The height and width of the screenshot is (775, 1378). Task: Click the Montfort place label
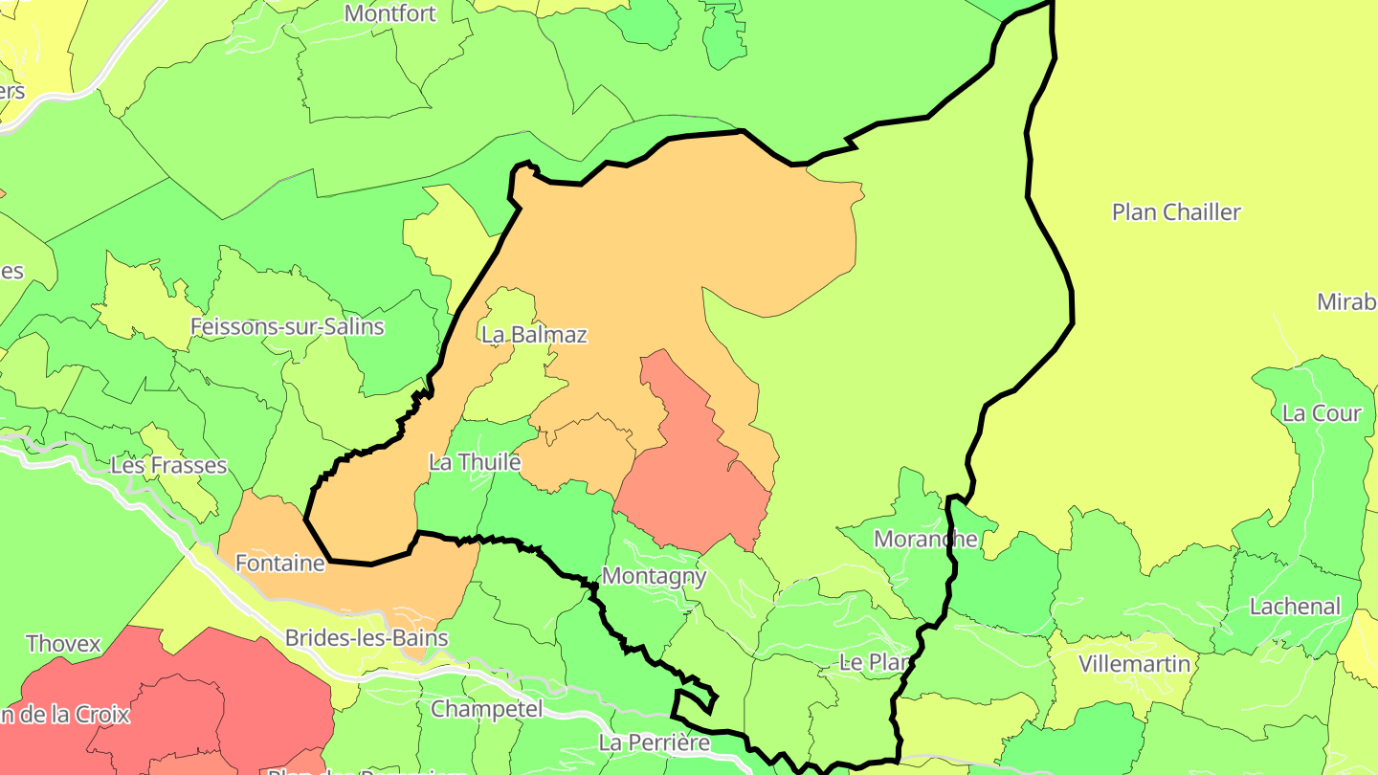389,13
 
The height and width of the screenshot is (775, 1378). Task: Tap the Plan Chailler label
1176,211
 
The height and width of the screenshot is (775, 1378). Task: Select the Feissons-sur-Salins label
287,326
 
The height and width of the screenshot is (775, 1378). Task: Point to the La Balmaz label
534,334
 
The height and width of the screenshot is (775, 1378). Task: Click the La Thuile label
475,462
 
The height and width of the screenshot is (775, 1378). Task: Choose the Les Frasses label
168,465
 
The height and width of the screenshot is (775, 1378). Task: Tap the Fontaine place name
280,564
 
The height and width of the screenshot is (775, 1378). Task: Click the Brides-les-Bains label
367,637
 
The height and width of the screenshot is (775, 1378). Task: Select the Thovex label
63,643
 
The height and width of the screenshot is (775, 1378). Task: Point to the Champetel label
486,709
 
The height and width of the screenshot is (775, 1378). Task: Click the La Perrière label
655,742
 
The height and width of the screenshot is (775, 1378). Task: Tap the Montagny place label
654,576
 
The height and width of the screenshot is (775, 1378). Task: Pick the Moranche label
925,539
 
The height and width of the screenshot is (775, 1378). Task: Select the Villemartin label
1134,664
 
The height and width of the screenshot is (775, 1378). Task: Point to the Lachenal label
1296,606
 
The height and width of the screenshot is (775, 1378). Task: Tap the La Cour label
1321,413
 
